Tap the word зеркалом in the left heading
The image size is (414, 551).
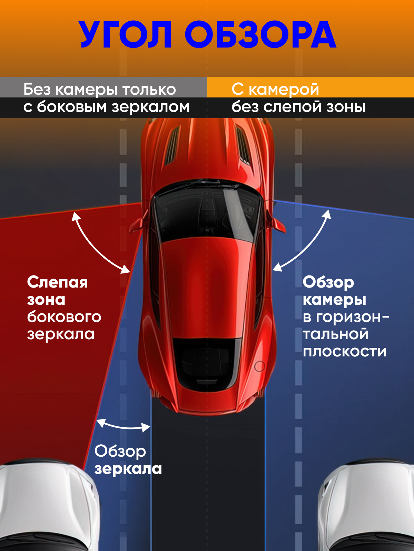pyautogui.click(x=150, y=107)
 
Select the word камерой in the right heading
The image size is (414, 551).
pyautogui.click(x=284, y=90)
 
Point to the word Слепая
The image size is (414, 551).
pyautogui.click(x=58, y=282)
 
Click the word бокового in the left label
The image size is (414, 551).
pyautogui.click(x=64, y=317)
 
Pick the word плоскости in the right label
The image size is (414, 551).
pyautogui.click(x=345, y=352)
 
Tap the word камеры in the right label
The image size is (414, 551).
pyautogui.click(x=334, y=300)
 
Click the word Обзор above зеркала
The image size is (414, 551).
pyautogui.click(x=120, y=451)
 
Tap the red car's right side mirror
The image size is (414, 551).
pyautogui.click(x=277, y=223)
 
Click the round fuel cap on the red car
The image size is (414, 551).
pyautogui.click(x=259, y=366)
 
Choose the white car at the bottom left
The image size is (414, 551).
pyautogui.click(x=45, y=506)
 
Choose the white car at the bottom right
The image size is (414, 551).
pyautogui.click(x=369, y=506)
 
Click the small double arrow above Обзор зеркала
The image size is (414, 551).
pyautogui.click(x=124, y=426)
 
